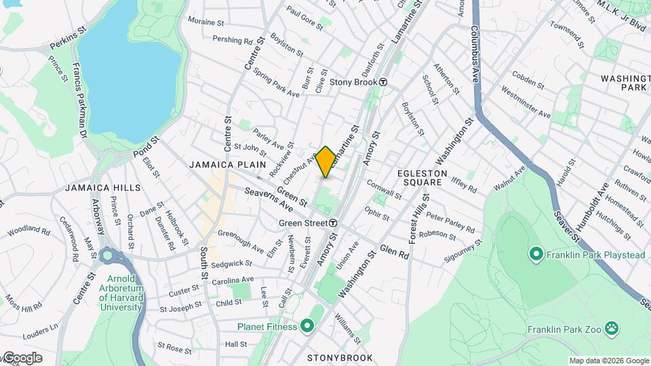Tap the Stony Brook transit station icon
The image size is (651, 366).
pos(383,82)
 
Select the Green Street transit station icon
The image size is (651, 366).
pos(334,223)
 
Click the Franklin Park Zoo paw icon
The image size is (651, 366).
pos(612,329)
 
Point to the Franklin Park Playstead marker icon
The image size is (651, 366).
pos(536,254)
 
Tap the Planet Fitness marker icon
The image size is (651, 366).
pos(307,327)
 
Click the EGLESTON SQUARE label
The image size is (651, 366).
pos(422,178)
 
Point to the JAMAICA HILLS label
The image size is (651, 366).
pos(103,188)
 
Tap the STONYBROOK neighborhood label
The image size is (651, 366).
pos(340,357)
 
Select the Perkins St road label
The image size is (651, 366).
pos(68,48)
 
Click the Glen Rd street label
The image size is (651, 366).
pos(395,251)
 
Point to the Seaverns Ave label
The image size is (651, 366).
pos(269,197)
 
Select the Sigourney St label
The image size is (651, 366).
pos(460,248)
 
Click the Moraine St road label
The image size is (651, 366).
pos(205,22)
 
